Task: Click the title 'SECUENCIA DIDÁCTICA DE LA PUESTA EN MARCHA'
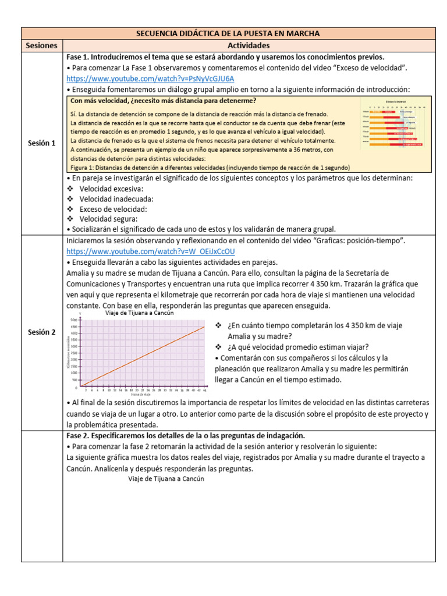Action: point(228,33)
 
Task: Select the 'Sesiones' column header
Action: point(42,45)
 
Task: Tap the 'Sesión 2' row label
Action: point(42,332)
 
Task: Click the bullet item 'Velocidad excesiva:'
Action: point(112,189)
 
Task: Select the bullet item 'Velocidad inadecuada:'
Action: point(116,199)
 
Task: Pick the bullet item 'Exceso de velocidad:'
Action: point(113,209)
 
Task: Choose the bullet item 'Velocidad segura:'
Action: point(109,219)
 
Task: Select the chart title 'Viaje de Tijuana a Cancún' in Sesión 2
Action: point(139,313)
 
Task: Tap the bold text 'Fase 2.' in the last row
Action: point(81,435)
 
